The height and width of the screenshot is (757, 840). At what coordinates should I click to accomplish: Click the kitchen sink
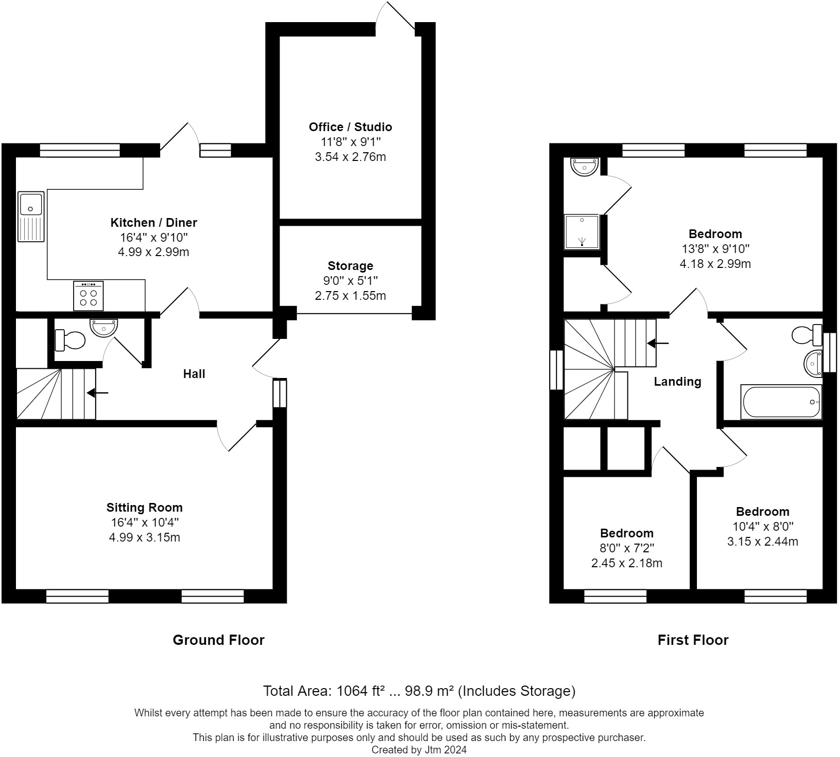[31, 217]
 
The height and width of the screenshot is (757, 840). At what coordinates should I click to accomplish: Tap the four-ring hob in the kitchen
[89, 296]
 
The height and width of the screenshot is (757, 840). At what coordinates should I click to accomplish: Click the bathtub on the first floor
[781, 402]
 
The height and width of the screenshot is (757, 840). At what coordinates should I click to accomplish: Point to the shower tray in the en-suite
[582, 232]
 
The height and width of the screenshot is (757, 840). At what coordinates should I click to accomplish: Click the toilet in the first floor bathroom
[807, 335]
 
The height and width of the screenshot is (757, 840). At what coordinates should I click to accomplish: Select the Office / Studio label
[350, 127]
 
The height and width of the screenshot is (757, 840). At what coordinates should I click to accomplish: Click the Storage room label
[350, 266]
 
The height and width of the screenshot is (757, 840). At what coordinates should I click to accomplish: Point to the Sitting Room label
[144, 508]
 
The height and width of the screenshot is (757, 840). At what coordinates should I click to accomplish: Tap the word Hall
[194, 374]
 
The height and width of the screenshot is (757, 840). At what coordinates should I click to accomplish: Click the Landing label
[677, 382]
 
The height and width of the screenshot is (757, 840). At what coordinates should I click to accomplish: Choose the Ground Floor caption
[218, 640]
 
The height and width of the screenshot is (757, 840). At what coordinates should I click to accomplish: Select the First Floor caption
[693, 640]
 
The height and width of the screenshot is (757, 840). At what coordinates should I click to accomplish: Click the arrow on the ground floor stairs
[97, 393]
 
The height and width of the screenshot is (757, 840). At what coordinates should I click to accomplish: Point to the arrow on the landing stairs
[658, 343]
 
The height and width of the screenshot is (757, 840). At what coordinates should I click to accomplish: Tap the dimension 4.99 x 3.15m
[144, 538]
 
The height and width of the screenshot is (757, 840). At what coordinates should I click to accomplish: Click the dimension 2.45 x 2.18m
[626, 563]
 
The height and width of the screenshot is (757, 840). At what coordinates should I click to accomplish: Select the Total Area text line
[419, 691]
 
